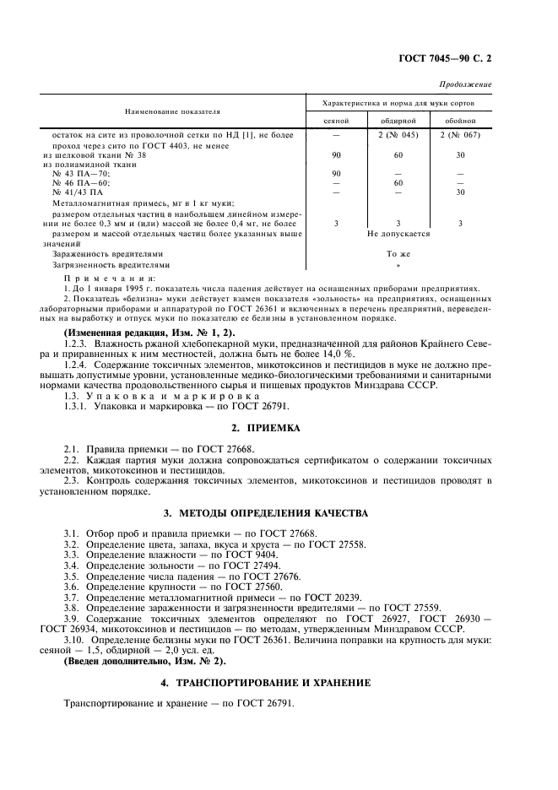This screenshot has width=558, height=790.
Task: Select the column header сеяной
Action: point(336,121)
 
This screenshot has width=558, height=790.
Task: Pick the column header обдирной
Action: point(396,121)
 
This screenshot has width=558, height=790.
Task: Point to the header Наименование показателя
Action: point(172,111)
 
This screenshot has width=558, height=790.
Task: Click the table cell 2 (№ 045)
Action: point(396,134)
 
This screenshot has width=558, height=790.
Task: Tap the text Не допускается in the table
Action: point(396,232)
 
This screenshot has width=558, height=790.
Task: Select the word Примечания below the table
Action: point(110,278)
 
